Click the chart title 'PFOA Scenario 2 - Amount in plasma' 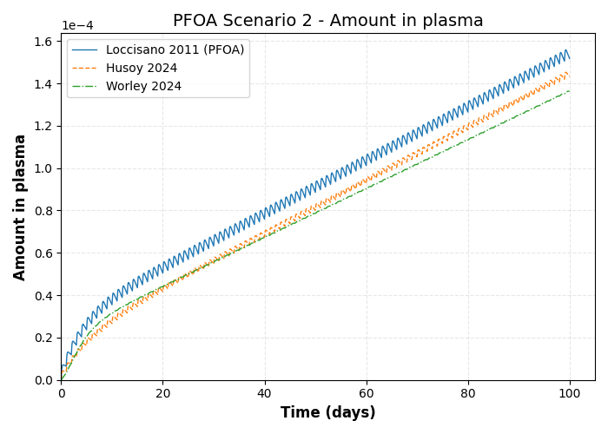point(327,21)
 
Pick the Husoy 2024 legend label point(142,69)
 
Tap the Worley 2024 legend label point(143,87)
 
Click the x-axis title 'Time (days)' point(327,413)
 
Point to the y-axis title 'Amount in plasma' point(20,207)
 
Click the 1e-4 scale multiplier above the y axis point(77,25)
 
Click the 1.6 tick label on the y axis point(43,42)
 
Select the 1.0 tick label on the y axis point(43,168)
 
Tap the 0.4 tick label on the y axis point(43,296)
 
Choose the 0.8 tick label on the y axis point(43,211)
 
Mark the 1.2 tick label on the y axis point(43,127)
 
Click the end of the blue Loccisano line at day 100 point(570,58)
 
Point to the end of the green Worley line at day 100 point(570,90)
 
